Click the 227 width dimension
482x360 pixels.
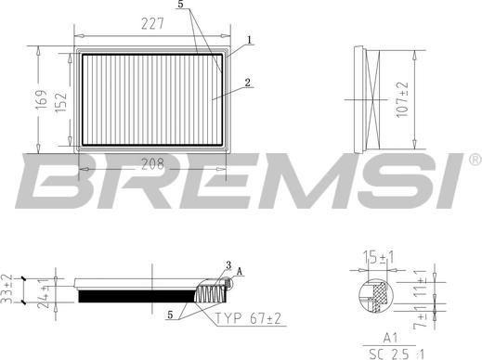[152, 24]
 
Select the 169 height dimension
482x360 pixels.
[41, 99]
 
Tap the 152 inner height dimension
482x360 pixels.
[60, 102]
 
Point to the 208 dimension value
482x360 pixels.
[152, 164]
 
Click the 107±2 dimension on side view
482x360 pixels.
[402, 99]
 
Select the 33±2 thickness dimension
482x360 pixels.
[7, 289]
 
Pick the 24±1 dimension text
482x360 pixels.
[43, 293]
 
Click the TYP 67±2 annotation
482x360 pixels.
[248, 318]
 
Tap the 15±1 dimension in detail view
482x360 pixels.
[377, 258]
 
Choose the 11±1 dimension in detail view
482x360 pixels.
[420, 284]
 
